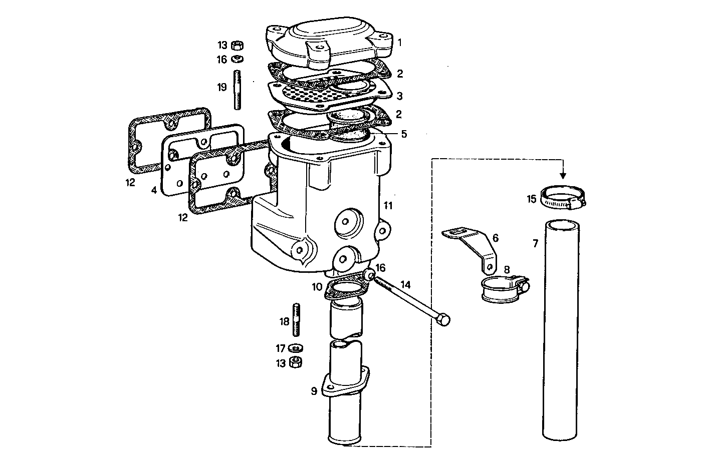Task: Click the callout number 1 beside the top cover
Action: click(399, 42)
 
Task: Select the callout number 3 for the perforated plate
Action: click(399, 96)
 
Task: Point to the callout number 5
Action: click(404, 134)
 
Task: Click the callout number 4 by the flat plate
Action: click(154, 190)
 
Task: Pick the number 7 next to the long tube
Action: click(535, 244)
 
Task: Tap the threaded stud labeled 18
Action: click(297, 321)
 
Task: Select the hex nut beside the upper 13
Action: click(238, 46)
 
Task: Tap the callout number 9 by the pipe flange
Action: click(314, 391)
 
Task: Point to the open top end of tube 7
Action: click(561, 225)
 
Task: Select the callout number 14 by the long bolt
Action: click(405, 284)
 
